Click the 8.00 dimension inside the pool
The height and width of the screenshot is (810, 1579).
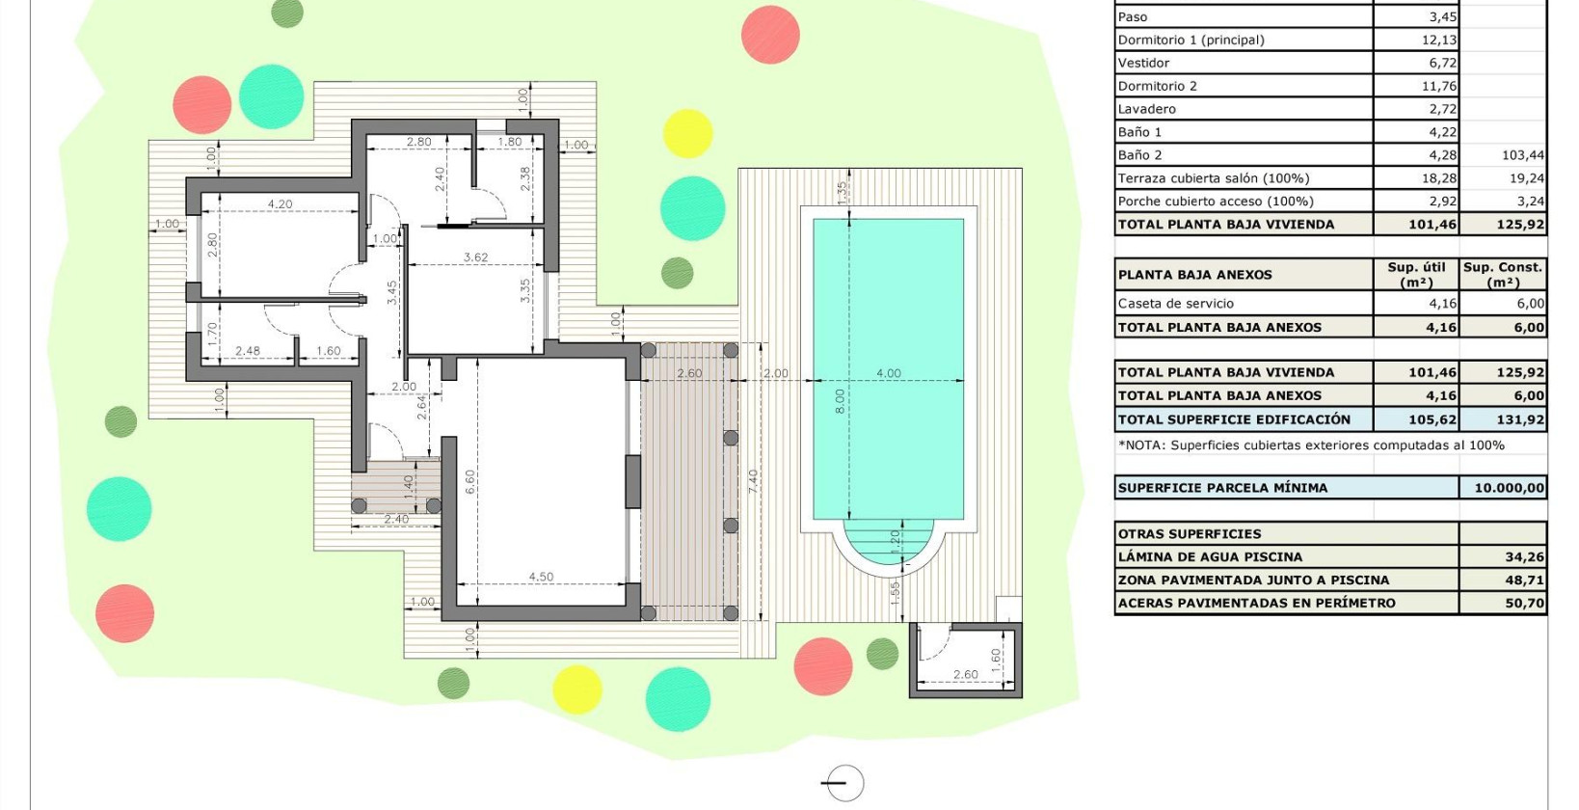click(839, 400)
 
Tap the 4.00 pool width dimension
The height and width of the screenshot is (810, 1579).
click(888, 373)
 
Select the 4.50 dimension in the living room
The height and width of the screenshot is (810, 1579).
click(541, 577)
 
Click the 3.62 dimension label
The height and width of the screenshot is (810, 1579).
click(475, 257)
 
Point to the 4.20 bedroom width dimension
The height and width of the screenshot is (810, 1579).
click(280, 204)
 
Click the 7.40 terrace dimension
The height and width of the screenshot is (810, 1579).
click(753, 482)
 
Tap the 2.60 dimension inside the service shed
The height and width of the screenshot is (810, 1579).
click(965, 674)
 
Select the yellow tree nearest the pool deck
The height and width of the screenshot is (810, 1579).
click(687, 133)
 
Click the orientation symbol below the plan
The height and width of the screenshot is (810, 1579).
click(843, 782)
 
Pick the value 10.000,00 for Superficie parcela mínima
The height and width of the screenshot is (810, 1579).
click(1509, 488)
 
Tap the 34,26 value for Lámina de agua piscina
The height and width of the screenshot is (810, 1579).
click(1524, 556)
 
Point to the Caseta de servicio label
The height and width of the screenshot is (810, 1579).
click(1175, 303)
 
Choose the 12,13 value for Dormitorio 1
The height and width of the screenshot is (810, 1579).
click(1438, 40)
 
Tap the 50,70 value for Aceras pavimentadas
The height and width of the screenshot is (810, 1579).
click(1524, 603)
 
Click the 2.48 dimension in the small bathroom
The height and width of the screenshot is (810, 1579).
click(247, 351)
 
